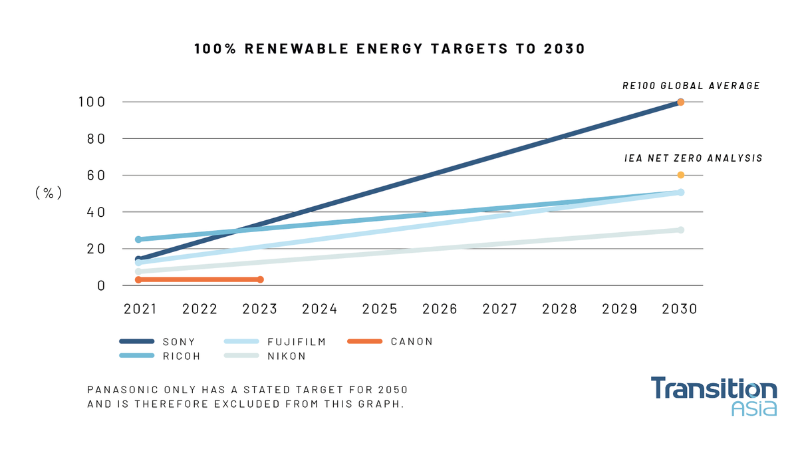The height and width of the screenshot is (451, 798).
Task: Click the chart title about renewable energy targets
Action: pos(390,49)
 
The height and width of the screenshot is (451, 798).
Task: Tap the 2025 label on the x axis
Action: pos(380,309)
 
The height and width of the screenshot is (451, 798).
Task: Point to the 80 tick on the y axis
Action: pos(96,139)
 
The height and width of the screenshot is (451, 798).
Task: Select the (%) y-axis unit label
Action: pos(49,193)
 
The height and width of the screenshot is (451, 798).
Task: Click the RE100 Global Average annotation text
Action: pos(691,86)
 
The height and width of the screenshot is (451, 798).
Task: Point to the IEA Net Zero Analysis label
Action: pos(694,159)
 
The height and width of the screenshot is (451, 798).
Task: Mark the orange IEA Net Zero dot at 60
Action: pos(680,175)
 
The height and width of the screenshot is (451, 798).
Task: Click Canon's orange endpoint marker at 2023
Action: pos(260,279)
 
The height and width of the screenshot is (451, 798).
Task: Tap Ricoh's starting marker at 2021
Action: pos(138,239)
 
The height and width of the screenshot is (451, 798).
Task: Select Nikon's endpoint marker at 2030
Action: pos(680,230)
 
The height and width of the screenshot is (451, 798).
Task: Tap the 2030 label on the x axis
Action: pos(680,309)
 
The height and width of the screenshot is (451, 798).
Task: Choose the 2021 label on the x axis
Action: pos(139,309)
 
